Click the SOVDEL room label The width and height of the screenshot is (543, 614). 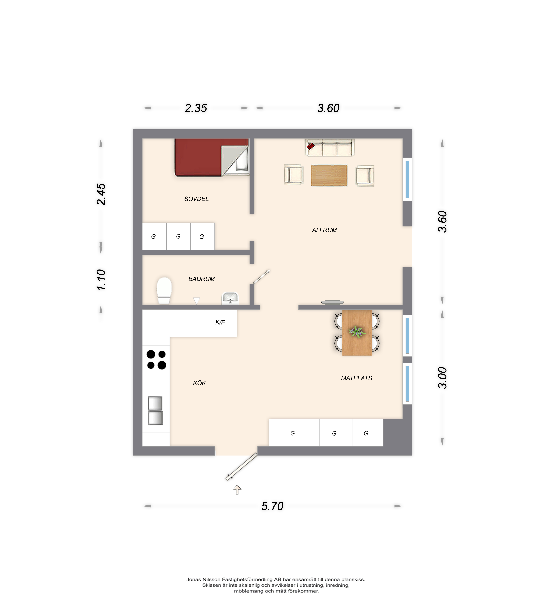point(196,199)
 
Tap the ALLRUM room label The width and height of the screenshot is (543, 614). point(324,230)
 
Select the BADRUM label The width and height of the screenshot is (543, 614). point(201,279)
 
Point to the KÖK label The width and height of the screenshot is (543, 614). point(199,383)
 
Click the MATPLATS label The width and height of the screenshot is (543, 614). point(356,378)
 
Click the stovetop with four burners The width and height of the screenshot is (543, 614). point(156,360)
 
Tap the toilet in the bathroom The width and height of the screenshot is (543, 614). point(164,290)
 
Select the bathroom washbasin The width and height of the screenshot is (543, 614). point(230,298)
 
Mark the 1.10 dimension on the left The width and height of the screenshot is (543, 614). point(101,280)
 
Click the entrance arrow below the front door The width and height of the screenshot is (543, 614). point(237,490)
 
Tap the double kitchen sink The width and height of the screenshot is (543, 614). point(155,411)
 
